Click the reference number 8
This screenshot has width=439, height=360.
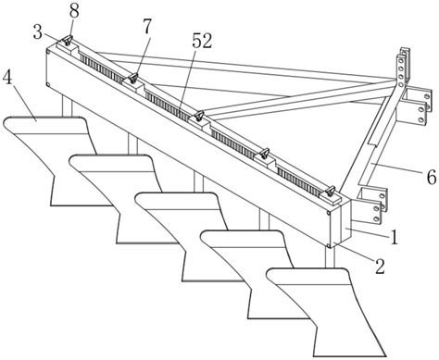[x=74, y=11]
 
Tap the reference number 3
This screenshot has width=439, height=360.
[x=38, y=32]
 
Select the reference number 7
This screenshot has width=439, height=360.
[x=147, y=27]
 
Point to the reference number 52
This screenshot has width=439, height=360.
[x=202, y=41]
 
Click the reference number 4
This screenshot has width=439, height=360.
[x=7, y=79]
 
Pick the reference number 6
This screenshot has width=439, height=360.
[x=431, y=177]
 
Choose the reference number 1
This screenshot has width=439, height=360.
[x=394, y=238]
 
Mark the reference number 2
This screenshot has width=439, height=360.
[x=380, y=267]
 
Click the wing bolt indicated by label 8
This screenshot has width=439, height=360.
[x=68, y=40]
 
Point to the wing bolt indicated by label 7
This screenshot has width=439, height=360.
[x=133, y=78]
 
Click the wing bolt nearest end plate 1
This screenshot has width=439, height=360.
[x=330, y=192]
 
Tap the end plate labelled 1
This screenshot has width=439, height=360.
[x=345, y=222]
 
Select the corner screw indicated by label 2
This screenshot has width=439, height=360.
[x=329, y=245]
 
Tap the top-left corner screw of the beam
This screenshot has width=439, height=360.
[x=48, y=52]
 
